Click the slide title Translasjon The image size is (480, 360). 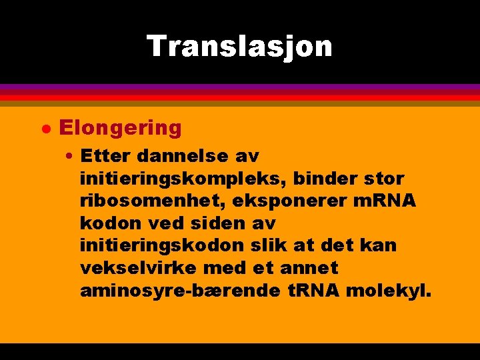(239, 46)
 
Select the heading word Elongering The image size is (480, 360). (120, 127)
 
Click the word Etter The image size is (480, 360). (103, 156)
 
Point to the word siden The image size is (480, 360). (217, 223)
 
